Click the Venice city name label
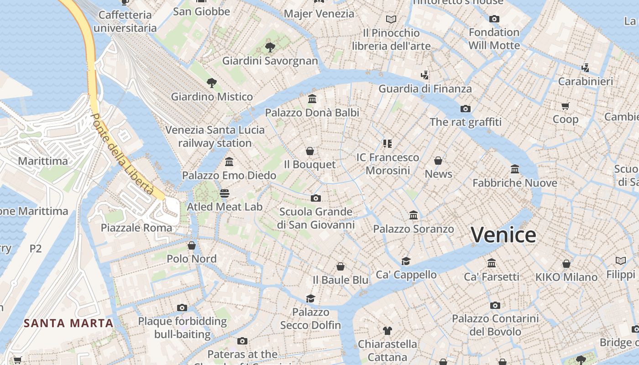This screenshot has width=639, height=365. click(x=503, y=235)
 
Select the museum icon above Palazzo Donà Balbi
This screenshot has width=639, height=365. click(x=312, y=99)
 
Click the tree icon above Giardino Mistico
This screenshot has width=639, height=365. click(x=211, y=83)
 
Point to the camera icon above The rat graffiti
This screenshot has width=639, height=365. click(x=465, y=109)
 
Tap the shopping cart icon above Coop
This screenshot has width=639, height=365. click(x=566, y=106)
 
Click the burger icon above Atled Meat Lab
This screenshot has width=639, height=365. click(x=224, y=193)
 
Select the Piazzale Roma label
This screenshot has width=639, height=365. click(x=136, y=228)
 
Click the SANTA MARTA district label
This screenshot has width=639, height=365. click(x=68, y=323)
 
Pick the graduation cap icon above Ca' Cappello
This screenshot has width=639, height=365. click(x=406, y=261)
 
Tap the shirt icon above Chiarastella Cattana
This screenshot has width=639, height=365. click(x=388, y=330)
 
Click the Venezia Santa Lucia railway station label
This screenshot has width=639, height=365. click(x=215, y=136)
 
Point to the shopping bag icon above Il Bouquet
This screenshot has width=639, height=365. click(x=310, y=151)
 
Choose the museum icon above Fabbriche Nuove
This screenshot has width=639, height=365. click(x=515, y=169)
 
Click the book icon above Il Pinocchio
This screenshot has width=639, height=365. click(x=391, y=19)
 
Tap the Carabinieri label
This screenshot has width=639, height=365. click(x=586, y=82)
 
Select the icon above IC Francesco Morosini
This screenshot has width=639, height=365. click(x=388, y=144)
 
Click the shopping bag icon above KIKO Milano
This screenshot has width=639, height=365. click(x=566, y=264)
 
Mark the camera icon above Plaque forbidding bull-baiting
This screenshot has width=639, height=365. click(x=182, y=308)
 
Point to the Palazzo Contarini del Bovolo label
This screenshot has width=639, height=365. click(x=495, y=325)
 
